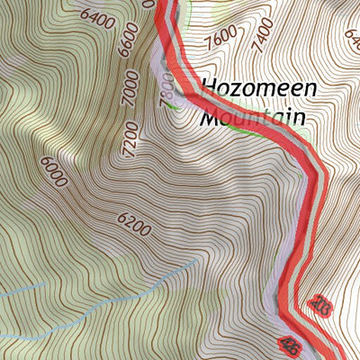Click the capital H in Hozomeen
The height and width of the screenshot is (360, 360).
pos(210,88)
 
